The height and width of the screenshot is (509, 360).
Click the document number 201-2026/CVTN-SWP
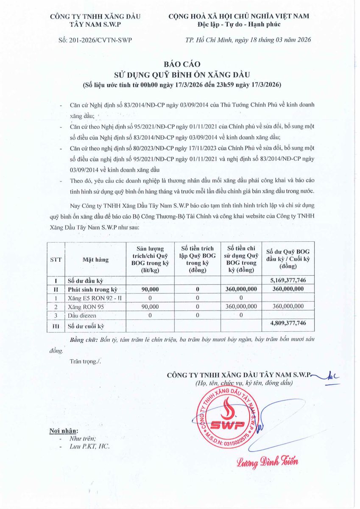(x=95, y=40)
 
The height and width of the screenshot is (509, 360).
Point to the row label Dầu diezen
(x=82, y=315)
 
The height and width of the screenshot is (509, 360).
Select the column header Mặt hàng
(x=95, y=260)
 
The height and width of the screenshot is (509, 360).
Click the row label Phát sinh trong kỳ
(x=92, y=289)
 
